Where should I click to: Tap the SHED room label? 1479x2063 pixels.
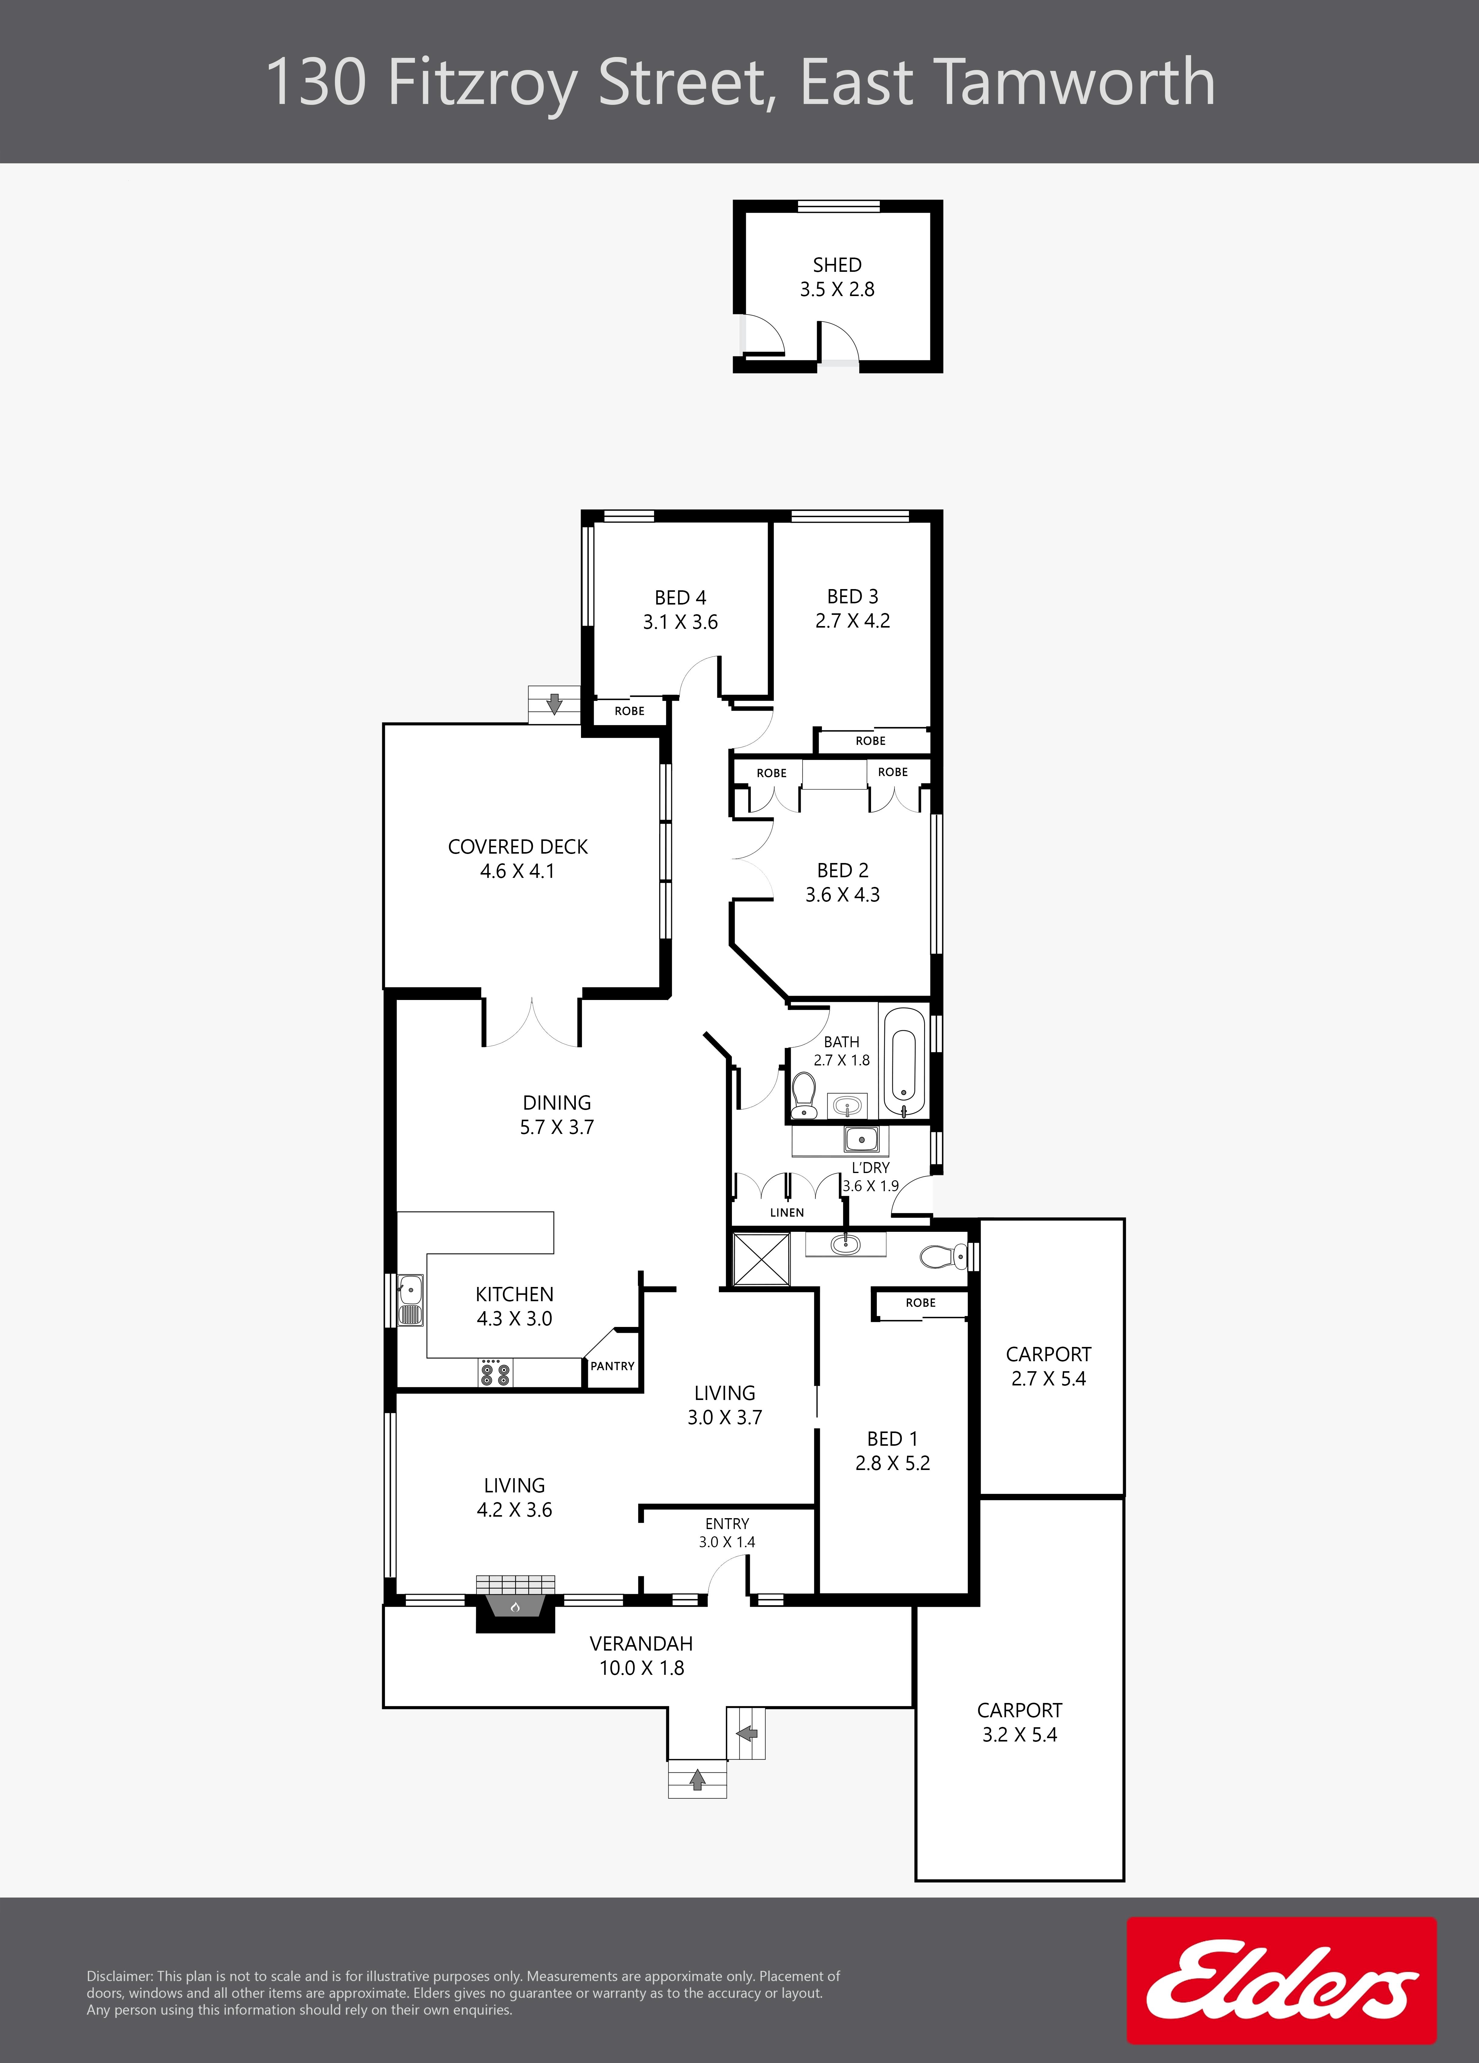point(837,265)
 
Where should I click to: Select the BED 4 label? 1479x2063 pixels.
point(680,598)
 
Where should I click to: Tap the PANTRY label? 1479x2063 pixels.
point(612,1366)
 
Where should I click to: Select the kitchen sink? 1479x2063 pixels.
point(410,1301)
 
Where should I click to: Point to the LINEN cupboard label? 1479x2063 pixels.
point(787,1212)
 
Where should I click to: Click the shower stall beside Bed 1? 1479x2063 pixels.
point(761,1259)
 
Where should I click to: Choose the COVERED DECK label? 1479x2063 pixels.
point(518,847)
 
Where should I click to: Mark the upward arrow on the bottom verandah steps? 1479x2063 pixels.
point(698,1778)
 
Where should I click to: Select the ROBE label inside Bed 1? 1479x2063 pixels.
point(920,1303)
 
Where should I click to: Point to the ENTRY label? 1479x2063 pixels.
point(727,1524)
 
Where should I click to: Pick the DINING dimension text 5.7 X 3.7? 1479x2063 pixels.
point(557,1127)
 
